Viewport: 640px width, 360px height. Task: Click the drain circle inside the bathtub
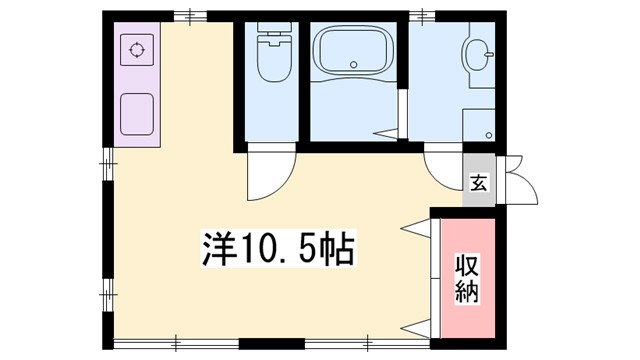pos(353,66)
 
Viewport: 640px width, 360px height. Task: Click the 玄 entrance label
pos(479,183)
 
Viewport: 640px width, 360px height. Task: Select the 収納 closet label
pos(467,279)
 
